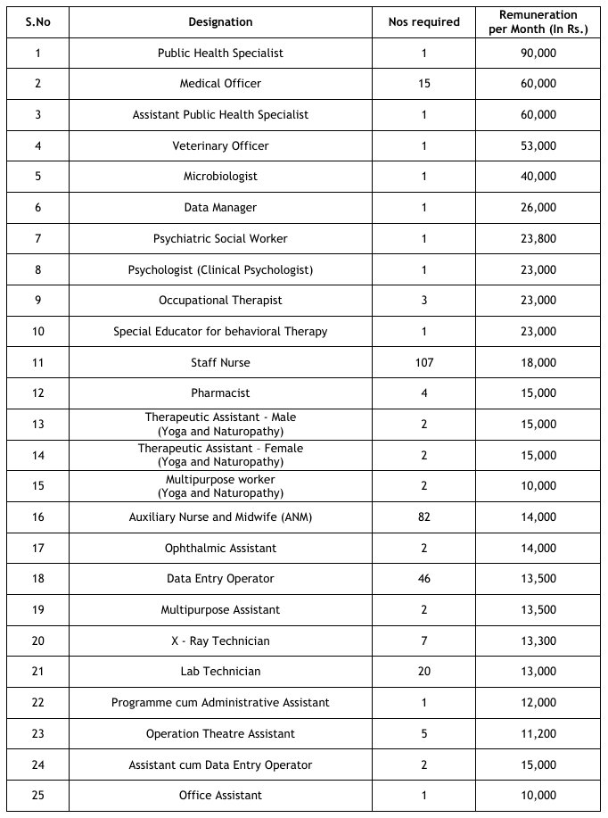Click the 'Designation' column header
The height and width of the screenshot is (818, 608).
220,22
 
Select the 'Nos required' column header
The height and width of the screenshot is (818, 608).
424,22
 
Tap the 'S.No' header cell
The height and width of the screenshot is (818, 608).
37,22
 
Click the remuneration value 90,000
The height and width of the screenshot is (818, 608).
539,53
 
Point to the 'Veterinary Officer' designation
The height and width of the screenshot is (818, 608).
220,145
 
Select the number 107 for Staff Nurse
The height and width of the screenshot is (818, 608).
424,362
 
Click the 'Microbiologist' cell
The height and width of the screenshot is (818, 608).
220,177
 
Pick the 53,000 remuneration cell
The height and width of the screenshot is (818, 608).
539,145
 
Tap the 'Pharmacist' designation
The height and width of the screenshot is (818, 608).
220,392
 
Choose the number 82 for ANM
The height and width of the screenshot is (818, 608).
424,516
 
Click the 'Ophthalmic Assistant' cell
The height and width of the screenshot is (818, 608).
220,548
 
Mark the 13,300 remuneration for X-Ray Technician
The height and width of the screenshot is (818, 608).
539,640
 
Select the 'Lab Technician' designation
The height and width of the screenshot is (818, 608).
220,671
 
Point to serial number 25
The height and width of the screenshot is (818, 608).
37,795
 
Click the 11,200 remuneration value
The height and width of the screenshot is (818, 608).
539,733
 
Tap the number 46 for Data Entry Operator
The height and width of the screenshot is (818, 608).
424,578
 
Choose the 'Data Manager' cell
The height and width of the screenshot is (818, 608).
220,207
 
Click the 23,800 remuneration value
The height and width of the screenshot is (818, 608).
539,238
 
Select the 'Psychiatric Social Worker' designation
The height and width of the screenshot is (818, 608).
220,238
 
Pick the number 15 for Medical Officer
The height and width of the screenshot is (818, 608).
424,83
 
